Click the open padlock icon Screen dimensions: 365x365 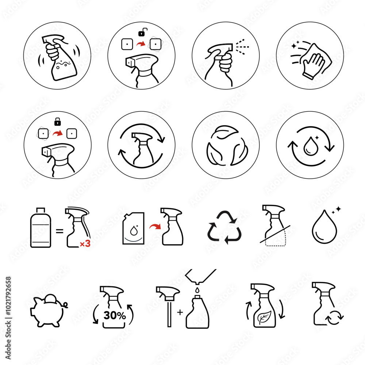(x=141, y=34)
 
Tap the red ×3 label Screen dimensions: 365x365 (x=85, y=244)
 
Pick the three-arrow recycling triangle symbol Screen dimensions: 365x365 (x=223, y=228)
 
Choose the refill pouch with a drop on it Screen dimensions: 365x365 (x=134, y=228)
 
